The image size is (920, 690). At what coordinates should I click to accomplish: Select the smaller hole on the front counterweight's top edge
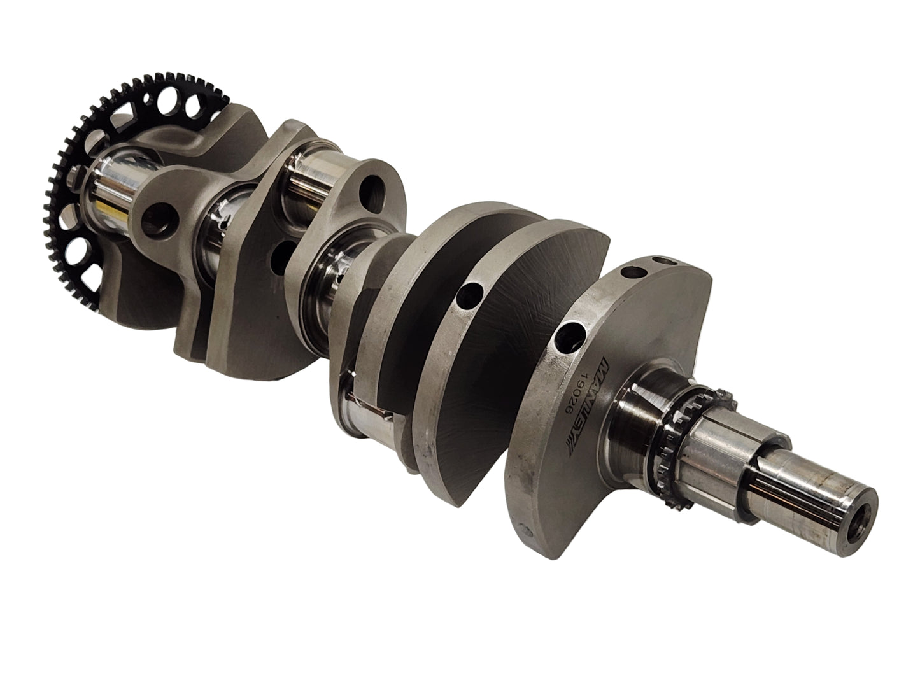pos(666,261)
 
